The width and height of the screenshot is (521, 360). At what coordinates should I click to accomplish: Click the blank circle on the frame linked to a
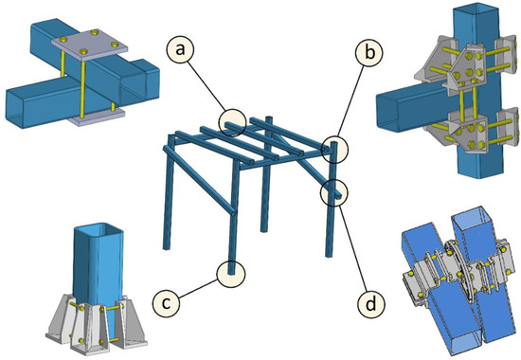pyautogui.click(x=230, y=121)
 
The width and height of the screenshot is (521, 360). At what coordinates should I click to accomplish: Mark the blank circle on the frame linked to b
pyautogui.click(x=334, y=148)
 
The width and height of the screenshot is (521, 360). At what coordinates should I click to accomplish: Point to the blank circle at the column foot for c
pyautogui.click(x=230, y=273)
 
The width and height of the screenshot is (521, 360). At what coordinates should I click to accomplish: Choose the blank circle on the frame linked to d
pyautogui.click(x=333, y=192)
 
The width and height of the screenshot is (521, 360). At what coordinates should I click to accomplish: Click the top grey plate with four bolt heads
pyautogui.click(x=87, y=45)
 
